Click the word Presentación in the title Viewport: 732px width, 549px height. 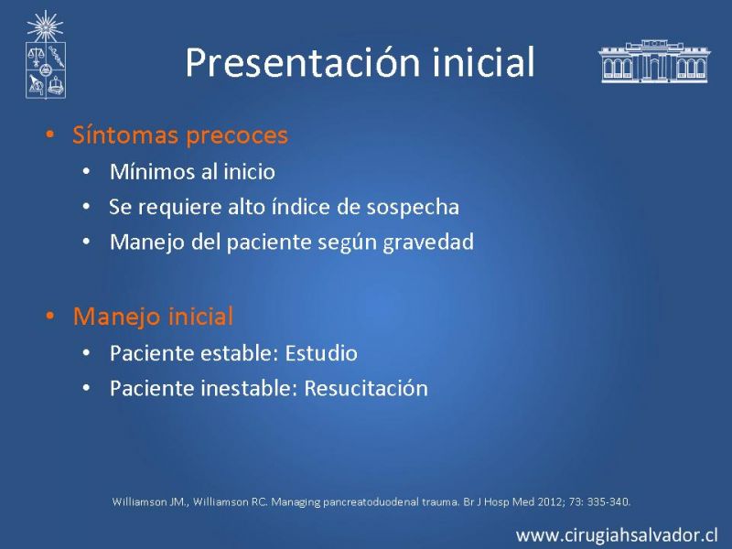pos(303,62)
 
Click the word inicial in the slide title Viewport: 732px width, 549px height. pos(483,61)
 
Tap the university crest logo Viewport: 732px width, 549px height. pos(45,55)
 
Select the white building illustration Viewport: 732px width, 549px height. pos(653,61)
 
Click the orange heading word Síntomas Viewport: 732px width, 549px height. pos(125,135)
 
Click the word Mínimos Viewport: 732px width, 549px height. pos(152,172)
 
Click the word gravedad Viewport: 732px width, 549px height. pos(428,242)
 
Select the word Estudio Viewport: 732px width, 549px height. pos(321,353)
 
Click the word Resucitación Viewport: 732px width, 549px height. pos(366,388)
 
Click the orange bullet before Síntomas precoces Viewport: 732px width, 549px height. pos(50,135)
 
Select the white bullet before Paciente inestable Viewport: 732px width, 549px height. pos(86,388)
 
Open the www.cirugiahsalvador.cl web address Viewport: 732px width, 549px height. pos(617,535)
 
